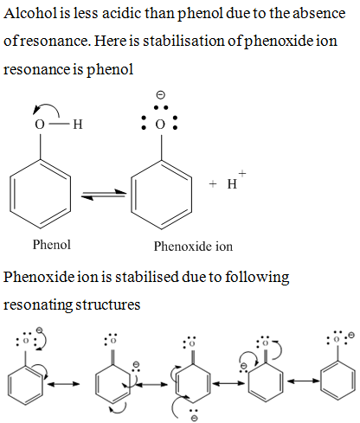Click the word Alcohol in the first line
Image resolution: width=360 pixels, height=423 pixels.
30,13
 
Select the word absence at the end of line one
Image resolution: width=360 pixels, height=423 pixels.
319,13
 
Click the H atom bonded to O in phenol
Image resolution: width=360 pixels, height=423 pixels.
78,125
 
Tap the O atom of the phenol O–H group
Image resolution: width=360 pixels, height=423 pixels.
40,125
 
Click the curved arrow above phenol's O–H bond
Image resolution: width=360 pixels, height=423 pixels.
46,109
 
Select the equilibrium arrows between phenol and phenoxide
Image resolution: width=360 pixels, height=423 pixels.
104,195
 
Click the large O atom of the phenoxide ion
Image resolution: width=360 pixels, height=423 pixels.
160,125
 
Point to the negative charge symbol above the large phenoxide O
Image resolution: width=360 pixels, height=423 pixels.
160,94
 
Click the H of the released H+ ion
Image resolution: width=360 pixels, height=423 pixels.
232,184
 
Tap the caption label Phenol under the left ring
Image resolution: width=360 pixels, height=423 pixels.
51,245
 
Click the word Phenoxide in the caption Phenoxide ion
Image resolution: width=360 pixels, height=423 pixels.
183,247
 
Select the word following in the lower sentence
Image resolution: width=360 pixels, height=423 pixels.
257,277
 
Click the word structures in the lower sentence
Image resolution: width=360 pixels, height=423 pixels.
108,304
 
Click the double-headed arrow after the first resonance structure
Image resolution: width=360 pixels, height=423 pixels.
63,384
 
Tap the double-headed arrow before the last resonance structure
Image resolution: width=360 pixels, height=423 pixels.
303,381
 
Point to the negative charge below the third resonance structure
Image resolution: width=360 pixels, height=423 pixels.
195,418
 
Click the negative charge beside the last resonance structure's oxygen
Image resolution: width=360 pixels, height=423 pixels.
350,335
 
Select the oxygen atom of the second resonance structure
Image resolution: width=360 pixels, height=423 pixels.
113,341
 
